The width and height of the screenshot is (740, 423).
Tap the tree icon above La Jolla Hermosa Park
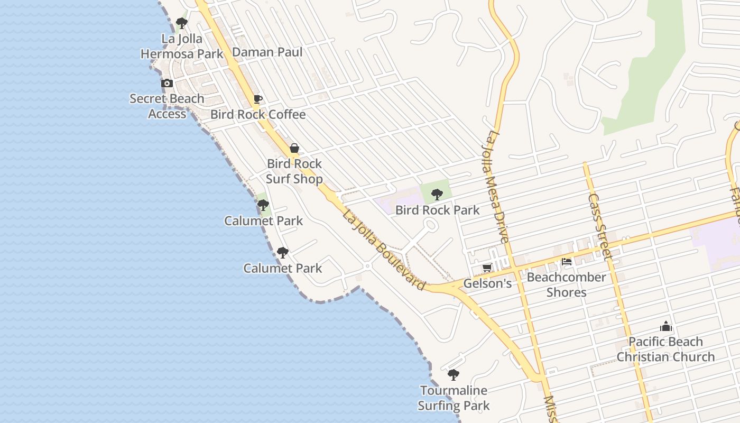click(182, 23)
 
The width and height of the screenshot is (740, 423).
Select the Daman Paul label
click(267, 52)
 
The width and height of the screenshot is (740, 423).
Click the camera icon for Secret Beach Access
click(167, 83)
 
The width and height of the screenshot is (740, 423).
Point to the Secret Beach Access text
click(167, 106)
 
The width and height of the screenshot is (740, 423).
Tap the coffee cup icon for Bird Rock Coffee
click(258, 99)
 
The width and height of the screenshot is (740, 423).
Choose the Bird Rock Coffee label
click(258, 114)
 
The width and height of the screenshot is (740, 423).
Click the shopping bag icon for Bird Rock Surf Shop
click(294, 148)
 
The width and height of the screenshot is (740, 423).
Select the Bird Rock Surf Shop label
click(294, 171)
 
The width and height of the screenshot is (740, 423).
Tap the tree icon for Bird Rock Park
click(437, 195)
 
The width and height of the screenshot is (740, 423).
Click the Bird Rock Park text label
click(438, 210)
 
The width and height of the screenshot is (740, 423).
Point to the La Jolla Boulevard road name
click(384, 250)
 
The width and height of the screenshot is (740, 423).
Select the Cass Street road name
click(600, 226)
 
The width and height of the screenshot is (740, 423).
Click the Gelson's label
click(487, 283)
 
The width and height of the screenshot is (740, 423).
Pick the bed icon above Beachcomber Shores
click(567, 262)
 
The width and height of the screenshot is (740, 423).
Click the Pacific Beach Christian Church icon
click(666, 326)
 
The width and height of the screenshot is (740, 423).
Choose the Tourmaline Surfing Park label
click(454, 398)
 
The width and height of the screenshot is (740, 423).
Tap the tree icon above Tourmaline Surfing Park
click(453, 375)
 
